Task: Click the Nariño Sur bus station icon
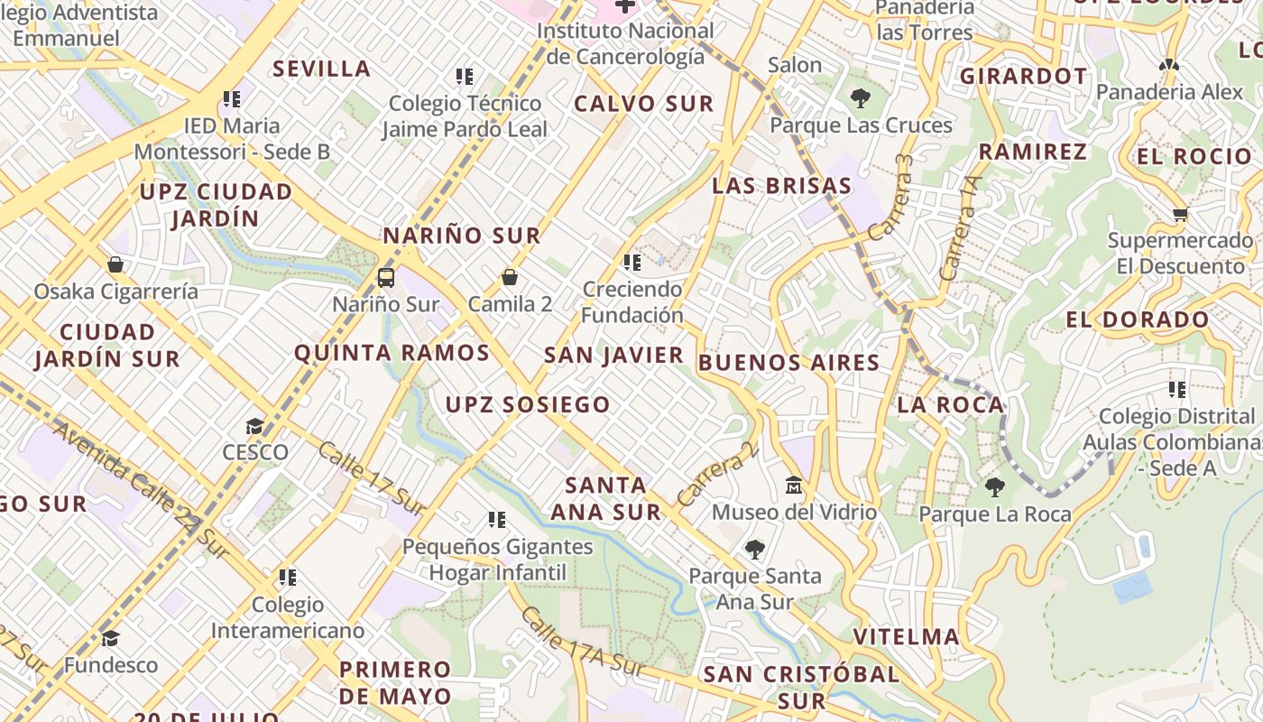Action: click(386, 277)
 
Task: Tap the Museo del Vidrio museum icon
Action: click(794, 486)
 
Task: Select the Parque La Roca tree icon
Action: click(995, 487)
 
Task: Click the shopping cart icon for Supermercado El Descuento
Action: click(1180, 215)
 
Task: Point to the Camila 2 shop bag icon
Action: click(510, 277)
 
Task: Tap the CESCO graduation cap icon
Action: click(255, 426)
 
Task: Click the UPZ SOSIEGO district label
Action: click(528, 404)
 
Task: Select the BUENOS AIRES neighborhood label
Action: click(789, 363)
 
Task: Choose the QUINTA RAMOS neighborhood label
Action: click(392, 353)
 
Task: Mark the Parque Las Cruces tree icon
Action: click(861, 98)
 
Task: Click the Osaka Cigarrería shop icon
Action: click(115, 264)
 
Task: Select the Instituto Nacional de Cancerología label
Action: click(625, 43)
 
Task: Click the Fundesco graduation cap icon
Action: click(110, 639)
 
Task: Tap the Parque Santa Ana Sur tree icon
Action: click(754, 549)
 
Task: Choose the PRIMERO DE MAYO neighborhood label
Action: click(395, 682)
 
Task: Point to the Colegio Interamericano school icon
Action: click(288, 577)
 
